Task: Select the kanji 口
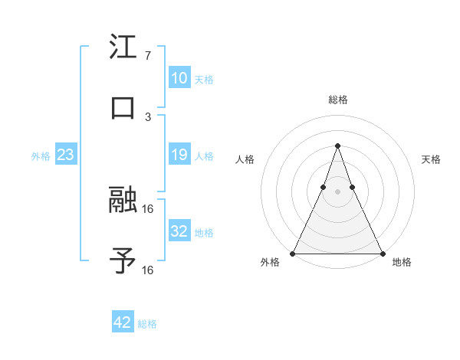click(123, 107)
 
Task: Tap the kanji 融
click(123, 199)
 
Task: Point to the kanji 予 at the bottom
click(123, 260)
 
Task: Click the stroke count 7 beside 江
click(147, 56)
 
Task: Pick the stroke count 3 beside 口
click(147, 116)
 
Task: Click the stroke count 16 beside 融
click(148, 208)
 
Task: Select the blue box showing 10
click(179, 78)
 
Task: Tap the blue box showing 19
click(179, 155)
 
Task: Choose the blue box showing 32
click(179, 231)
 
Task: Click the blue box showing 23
click(66, 155)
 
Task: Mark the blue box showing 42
click(123, 322)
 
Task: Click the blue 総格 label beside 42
click(147, 324)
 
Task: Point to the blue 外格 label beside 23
click(41, 156)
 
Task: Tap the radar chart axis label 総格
click(337, 100)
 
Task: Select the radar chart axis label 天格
click(432, 159)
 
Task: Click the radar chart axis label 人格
click(245, 159)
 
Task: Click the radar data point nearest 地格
click(382, 253)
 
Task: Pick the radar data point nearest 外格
click(293, 253)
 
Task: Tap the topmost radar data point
click(337, 146)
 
